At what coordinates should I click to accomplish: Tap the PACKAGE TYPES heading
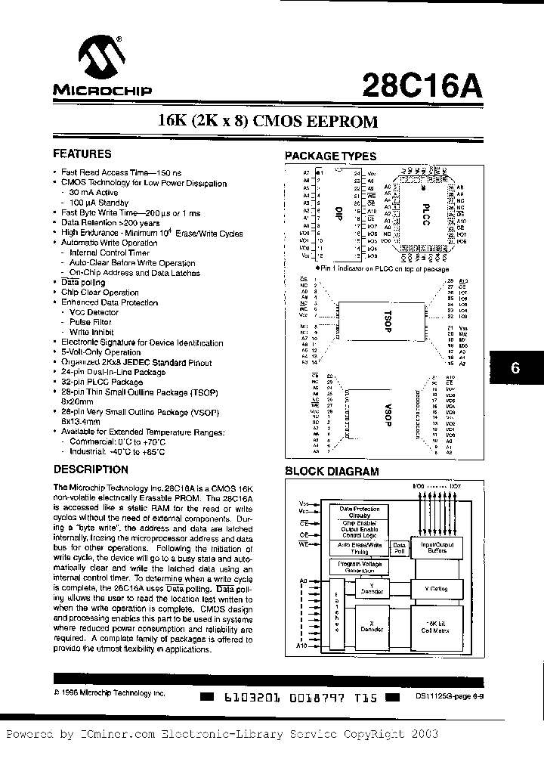point(329,156)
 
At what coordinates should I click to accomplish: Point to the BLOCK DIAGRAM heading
point(331,472)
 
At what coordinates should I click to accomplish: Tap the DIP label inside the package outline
point(338,213)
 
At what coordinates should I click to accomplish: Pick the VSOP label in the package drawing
point(384,418)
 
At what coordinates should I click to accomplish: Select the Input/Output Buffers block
point(438,546)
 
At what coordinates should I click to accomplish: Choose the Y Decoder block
point(370,590)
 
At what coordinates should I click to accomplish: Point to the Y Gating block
point(438,589)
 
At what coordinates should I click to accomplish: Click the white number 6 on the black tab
point(517,370)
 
